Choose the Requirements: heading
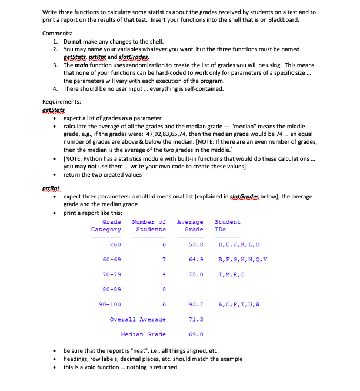[x=62, y=102]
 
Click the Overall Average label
[x=137, y=319]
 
